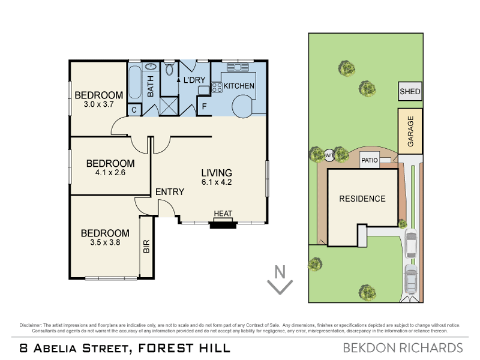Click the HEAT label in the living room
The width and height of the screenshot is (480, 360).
coord(223,214)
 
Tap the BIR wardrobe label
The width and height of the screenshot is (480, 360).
coord(146,247)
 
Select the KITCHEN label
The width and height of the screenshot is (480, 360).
coord(239,86)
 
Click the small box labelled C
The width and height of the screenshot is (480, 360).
coord(134,110)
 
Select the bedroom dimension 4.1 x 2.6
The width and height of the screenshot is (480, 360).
coord(110,173)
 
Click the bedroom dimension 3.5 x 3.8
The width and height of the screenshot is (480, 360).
coord(105,243)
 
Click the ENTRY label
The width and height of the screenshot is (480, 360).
coord(169,192)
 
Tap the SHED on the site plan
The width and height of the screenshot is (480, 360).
coord(410,92)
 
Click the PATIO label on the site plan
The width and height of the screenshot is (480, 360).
coord(369,161)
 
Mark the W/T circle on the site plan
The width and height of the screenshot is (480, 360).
coord(329,155)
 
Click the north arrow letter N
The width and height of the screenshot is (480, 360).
coord(279,271)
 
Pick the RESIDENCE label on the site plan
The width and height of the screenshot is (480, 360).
coord(362,199)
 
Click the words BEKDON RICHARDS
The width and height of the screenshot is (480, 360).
coord(403,348)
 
